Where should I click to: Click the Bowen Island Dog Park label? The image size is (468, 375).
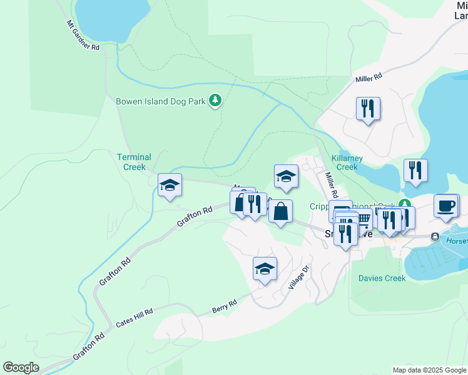coord(161,101)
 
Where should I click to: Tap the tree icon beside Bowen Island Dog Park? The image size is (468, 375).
coord(215,101)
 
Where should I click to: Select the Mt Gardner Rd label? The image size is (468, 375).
coord(83,35)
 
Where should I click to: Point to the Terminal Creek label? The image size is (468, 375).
coord(135,162)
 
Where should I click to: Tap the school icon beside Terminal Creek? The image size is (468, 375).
coord(170,186)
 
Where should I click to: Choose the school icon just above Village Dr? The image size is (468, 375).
coord(265,269)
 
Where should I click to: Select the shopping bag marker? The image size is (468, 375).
coord(281,211)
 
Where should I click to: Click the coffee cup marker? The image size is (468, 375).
coord(447,206)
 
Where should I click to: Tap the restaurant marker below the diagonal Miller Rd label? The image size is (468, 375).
coord(367,109)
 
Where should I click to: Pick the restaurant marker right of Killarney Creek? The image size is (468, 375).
coord(415,170)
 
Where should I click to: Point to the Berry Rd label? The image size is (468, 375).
coord(224,306)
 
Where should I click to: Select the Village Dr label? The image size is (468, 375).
coord(298,278)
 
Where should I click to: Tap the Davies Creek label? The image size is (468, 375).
coord(382,278)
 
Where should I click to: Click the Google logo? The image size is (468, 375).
coord(21,367)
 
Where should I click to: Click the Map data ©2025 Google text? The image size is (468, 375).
coord(429,370)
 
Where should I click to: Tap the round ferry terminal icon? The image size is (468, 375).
coord(434,237)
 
